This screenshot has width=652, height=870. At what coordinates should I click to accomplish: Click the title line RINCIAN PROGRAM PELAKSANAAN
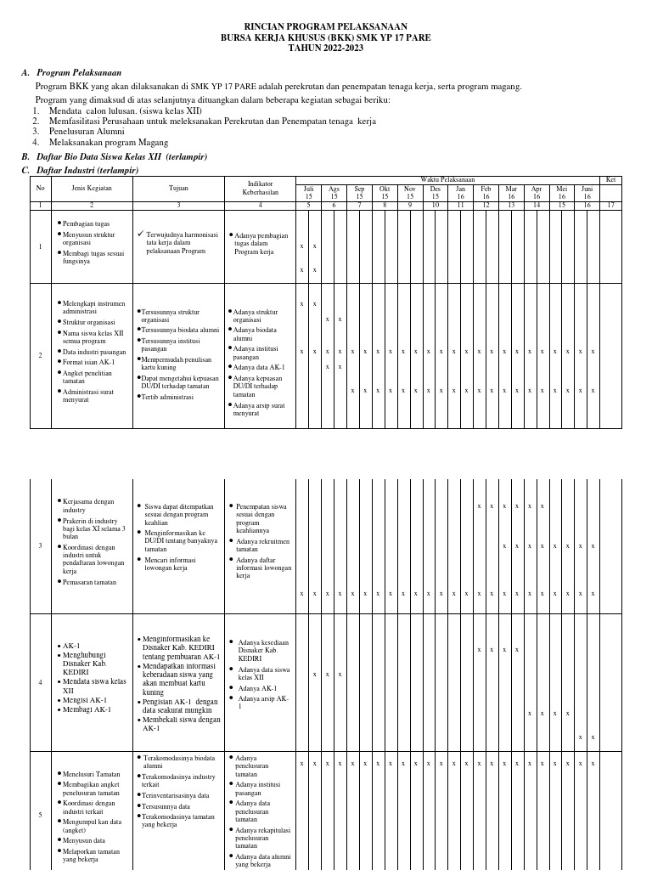(326, 26)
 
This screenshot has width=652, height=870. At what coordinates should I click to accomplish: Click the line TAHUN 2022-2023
(326, 48)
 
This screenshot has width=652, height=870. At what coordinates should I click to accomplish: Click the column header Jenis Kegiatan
(91, 189)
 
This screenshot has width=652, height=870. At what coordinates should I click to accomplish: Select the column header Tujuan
(178, 189)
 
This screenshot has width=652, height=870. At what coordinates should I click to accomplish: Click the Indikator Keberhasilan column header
(260, 189)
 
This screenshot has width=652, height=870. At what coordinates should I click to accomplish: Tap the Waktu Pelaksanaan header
(447, 179)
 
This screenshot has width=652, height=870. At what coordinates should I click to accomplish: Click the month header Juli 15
(308, 193)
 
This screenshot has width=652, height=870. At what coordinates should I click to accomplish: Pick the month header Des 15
(435, 193)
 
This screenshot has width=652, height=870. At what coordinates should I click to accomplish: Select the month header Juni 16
(587, 193)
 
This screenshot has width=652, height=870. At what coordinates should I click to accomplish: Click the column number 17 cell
(610, 205)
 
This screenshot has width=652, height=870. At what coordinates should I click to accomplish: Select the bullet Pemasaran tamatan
(90, 582)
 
